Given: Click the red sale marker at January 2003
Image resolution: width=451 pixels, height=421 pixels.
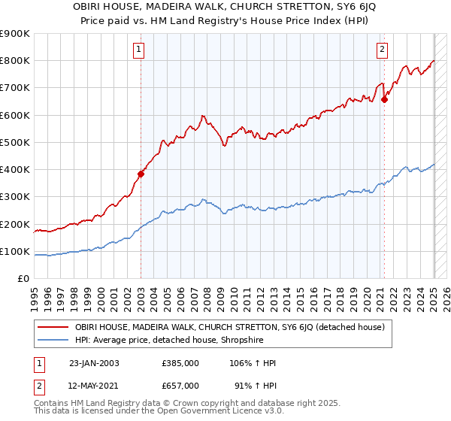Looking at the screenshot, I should pos(141,174).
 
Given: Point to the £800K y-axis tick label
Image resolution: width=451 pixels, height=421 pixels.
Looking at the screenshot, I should pos(15,61).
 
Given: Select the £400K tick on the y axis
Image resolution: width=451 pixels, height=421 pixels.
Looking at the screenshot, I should pos(15,170).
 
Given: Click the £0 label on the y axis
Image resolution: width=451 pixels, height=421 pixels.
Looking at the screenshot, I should pos(23,279).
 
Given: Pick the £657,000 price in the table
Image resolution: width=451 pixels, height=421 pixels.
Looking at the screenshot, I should pos(180,385).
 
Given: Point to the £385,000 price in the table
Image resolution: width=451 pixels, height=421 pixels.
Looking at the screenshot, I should pos(180,363).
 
